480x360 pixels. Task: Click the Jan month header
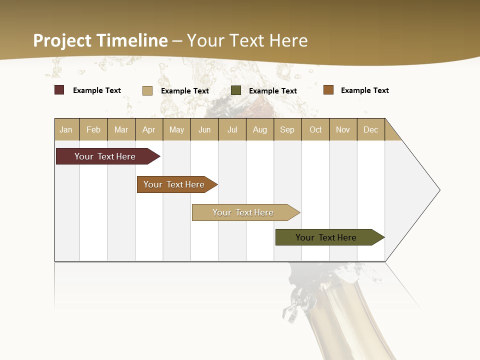(x=66, y=129)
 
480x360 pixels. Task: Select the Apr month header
(x=149, y=129)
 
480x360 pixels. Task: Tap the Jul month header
(x=232, y=129)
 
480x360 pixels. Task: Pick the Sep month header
(x=287, y=129)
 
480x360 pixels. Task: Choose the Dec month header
(x=370, y=129)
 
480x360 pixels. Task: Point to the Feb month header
(x=93, y=129)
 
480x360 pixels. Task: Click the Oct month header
(x=315, y=129)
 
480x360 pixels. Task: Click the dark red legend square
(x=59, y=90)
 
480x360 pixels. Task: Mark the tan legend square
(x=147, y=90)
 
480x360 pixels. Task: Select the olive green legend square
(x=236, y=90)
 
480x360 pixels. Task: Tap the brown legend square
(x=328, y=90)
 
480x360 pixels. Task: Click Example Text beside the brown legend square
(x=364, y=90)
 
